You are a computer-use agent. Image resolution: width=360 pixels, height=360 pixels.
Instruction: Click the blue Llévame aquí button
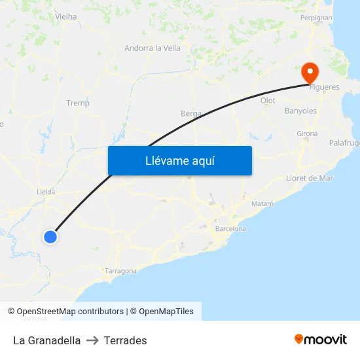179,161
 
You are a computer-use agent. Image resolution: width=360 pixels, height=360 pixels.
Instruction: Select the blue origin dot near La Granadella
50,236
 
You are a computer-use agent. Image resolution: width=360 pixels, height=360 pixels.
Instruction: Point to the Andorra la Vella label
153,48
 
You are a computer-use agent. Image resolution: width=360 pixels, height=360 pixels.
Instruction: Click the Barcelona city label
230,229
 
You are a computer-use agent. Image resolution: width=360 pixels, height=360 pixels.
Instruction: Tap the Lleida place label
46,192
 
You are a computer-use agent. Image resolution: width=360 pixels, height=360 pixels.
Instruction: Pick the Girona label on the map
307,134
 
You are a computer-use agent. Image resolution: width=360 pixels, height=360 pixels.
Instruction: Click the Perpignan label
316,18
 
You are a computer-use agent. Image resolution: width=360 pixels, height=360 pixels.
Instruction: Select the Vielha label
65,16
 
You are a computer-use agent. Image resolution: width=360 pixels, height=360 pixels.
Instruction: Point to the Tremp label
78,103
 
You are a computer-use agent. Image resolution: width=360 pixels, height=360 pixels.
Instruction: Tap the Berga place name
191,113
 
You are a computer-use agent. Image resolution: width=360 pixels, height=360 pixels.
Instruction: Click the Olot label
268,100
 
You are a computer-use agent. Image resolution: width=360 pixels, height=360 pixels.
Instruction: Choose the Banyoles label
300,111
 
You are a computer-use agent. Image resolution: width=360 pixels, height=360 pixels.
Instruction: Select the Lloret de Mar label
310,178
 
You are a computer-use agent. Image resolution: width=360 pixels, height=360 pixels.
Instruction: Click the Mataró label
263,204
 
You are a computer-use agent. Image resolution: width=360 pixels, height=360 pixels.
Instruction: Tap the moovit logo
321,339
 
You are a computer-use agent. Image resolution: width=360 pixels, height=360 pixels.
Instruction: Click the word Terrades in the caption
125,340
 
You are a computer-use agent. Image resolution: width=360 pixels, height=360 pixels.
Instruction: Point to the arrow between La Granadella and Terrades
92,340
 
